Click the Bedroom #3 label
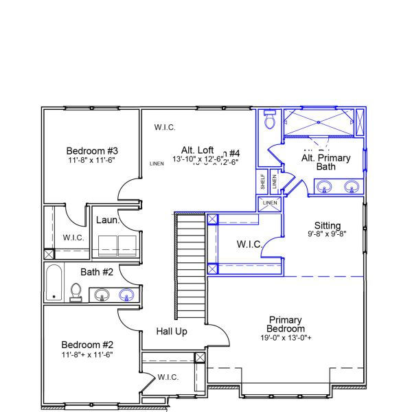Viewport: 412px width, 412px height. tap(93, 151)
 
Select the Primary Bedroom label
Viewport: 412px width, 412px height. tap(286, 324)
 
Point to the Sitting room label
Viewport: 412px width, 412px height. tap(328, 225)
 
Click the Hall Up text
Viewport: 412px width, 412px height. tap(172, 332)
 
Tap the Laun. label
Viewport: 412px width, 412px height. tap(108, 220)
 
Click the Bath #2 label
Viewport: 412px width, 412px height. tap(97, 272)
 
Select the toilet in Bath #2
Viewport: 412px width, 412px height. tap(76, 295)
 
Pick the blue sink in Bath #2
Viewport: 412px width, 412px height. tap(126, 295)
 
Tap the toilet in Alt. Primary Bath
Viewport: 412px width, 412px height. tap(269, 122)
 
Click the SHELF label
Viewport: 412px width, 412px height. tap(262, 182)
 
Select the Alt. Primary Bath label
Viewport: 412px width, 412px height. tap(326, 162)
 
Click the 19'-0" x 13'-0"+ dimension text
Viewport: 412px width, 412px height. tap(286, 338)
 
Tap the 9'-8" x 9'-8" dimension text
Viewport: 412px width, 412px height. tap(328, 234)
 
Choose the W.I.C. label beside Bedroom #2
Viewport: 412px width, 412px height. tap(168, 377)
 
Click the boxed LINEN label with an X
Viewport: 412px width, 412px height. tap(270, 203)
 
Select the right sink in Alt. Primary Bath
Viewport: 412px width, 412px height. tap(352, 185)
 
